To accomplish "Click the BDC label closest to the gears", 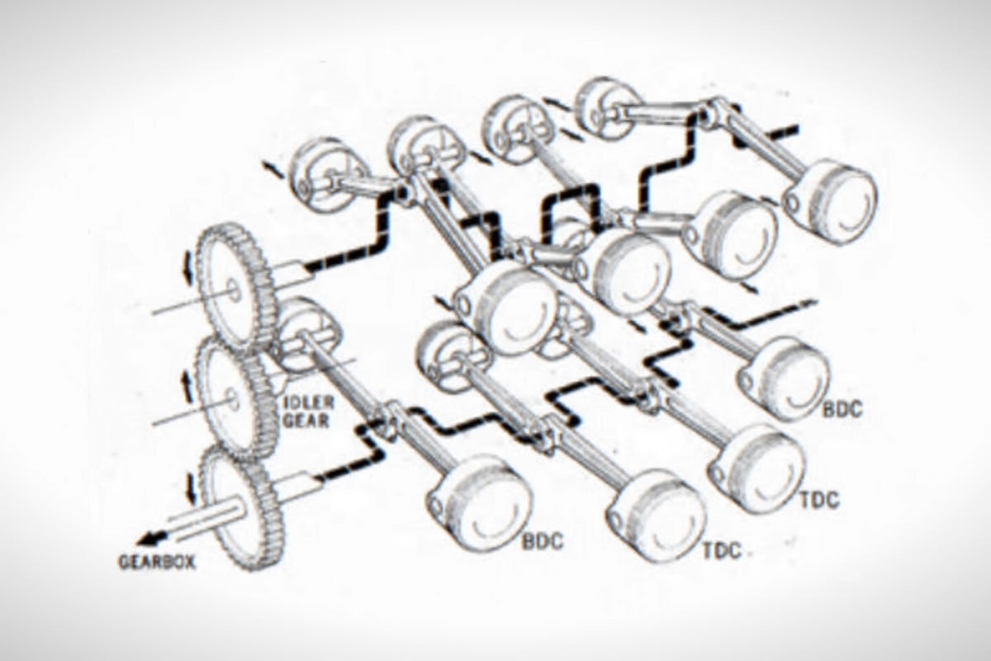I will [543, 542].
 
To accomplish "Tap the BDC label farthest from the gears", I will [842, 411].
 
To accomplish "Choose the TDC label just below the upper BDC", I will [819, 500].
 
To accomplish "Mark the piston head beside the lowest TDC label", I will [657, 516].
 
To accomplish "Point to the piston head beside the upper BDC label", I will [785, 376].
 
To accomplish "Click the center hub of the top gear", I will [232, 289].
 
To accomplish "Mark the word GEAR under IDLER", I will [309, 421].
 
